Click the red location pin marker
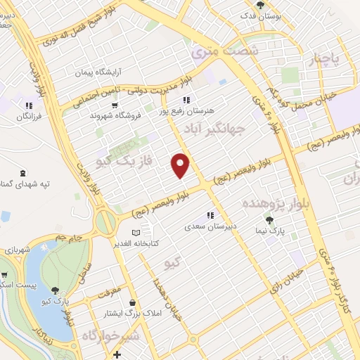(181, 164)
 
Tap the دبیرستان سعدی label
(211, 226)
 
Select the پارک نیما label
(271, 231)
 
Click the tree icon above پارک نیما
(270, 220)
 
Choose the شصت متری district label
(225, 51)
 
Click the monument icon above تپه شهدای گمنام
(25, 172)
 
